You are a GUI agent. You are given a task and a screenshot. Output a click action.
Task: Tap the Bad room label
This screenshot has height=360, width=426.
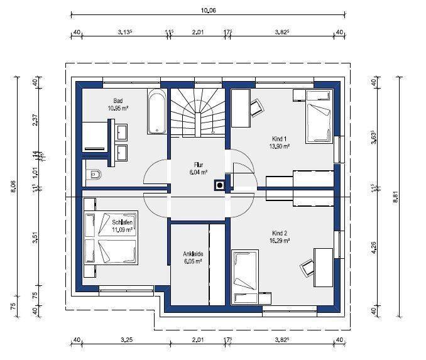117,101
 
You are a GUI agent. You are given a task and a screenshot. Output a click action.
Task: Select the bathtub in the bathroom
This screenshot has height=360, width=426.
156,111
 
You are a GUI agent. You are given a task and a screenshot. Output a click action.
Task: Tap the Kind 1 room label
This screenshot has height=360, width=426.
279,139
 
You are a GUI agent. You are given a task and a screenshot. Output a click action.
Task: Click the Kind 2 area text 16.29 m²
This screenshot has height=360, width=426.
279,240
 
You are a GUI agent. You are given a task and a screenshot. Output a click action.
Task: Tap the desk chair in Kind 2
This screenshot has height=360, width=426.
307,268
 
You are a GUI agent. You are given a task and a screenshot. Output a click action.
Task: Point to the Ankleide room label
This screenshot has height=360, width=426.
193,254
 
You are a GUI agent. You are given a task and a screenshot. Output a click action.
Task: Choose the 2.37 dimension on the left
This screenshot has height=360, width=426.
36,119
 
